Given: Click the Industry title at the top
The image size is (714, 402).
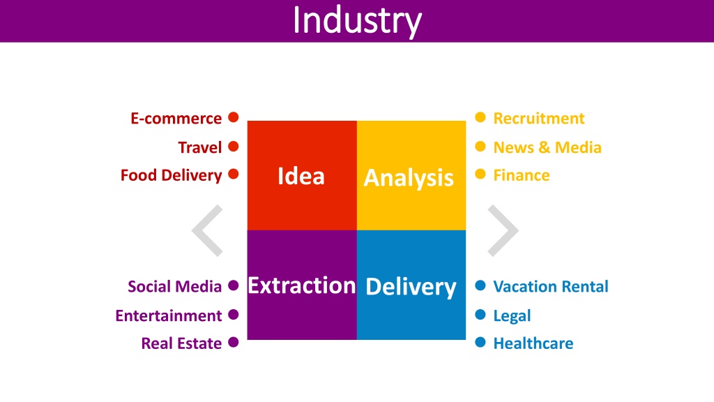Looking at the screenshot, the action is point(357,21).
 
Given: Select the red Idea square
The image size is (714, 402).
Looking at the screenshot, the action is point(302,175).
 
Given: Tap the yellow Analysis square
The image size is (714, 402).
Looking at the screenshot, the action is point(411,175).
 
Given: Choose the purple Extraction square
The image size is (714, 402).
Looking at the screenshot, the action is point(302,285).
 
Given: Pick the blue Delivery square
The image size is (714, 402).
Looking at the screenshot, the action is point(411,285).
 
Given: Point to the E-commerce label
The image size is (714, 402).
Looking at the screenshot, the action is point(176,119).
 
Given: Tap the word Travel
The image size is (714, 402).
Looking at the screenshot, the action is point(200,147).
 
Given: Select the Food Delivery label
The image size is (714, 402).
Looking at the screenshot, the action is point(172,175).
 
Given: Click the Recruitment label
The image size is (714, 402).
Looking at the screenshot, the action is point(539,119).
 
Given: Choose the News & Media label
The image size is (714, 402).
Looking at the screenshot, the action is point(547,147).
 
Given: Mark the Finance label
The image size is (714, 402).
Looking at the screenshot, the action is point(522,175).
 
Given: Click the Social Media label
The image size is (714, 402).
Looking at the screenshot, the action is point(174,287).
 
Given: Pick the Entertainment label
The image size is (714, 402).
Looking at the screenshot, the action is point(169,315).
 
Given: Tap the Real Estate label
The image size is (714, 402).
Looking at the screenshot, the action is point(181,343).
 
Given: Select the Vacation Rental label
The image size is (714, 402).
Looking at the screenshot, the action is point(551,287).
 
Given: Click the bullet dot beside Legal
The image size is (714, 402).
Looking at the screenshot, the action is point(480,315).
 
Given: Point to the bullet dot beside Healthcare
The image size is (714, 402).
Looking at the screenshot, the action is point(480,342).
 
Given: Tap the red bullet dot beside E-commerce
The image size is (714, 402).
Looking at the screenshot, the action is point(233,117).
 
